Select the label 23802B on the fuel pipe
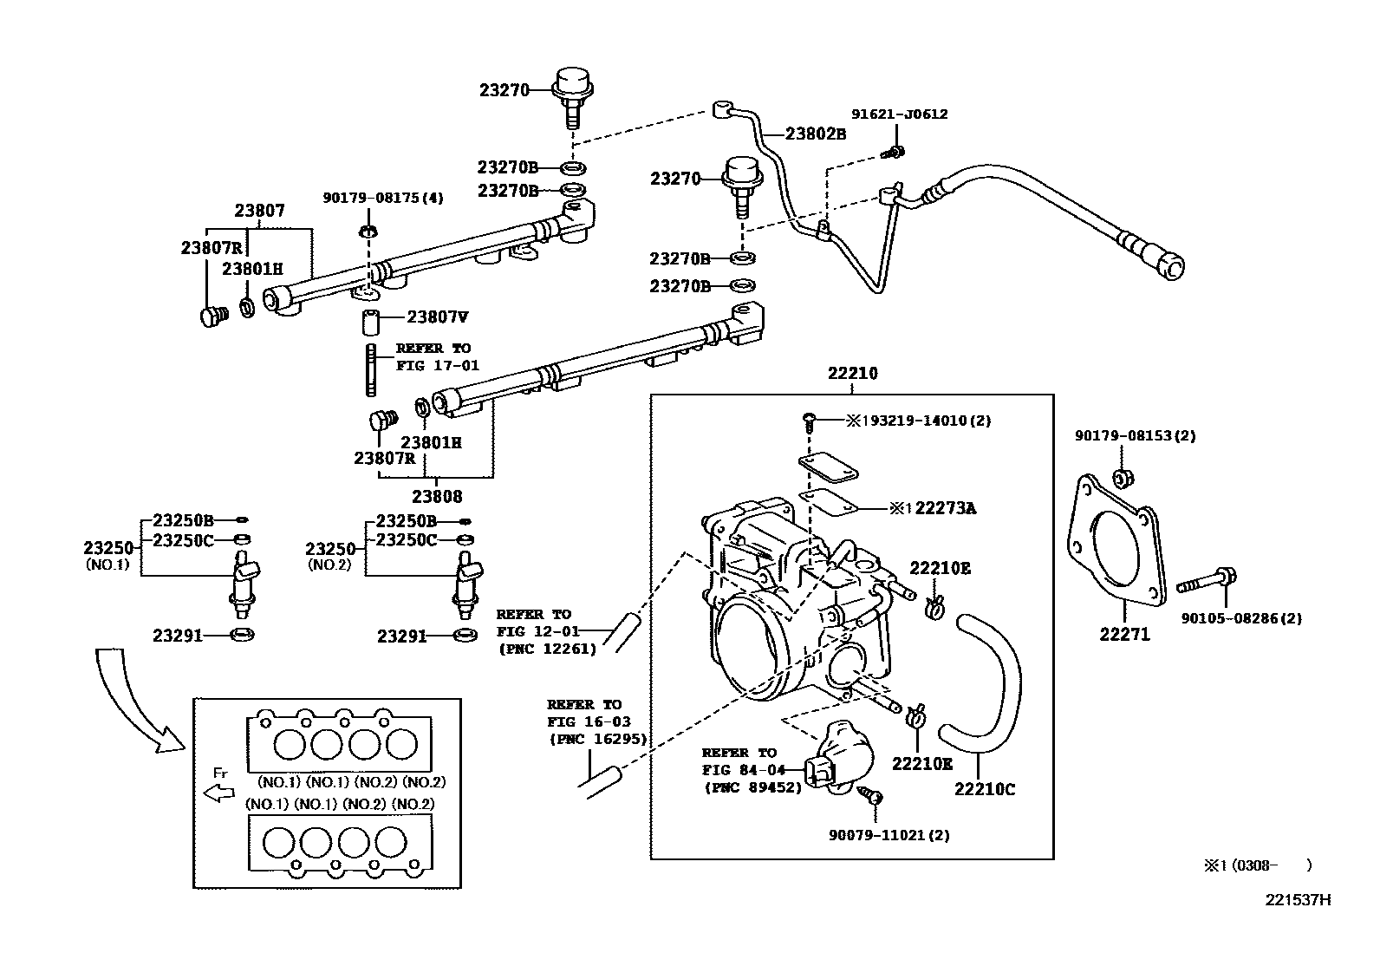pos(815,134)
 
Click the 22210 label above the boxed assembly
pos(852,375)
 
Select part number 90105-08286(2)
pos(1241,618)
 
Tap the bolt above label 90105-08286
pos(1207,582)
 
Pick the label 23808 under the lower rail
pos(437,497)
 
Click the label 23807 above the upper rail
pos(259,211)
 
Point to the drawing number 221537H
pos(1297,899)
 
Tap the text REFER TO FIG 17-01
pos(437,356)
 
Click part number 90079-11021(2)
pos(889,835)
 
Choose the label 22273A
pos(939,509)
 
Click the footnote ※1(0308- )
pos(1256,865)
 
